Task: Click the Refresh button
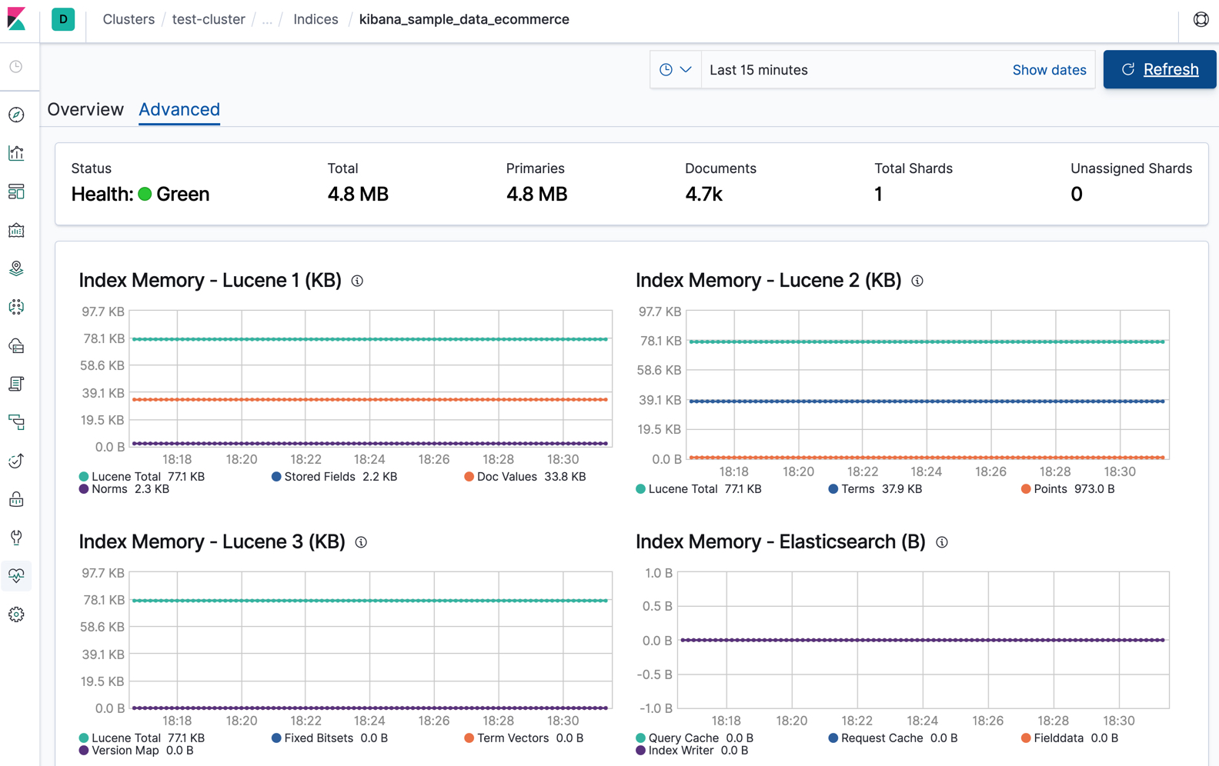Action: (x=1159, y=69)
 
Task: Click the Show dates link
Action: (x=1049, y=70)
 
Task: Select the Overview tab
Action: (x=85, y=109)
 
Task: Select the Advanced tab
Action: (x=179, y=109)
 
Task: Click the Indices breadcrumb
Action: (x=316, y=19)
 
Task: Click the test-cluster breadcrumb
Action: (x=209, y=19)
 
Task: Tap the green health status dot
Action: (x=145, y=194)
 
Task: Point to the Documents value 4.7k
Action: (x=703, y=194)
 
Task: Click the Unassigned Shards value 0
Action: (x=1076, y=194)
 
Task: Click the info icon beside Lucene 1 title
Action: (x=357, y=281)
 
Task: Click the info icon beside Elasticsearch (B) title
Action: (x=941, y=542)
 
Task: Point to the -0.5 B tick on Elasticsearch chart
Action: (x=656, y=674)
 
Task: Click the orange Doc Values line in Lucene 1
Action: (x=369, y=399)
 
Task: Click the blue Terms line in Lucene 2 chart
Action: (x=927, y=401)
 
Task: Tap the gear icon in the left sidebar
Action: (x=16, y=614)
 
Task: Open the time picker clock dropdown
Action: (x=675, y=70)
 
